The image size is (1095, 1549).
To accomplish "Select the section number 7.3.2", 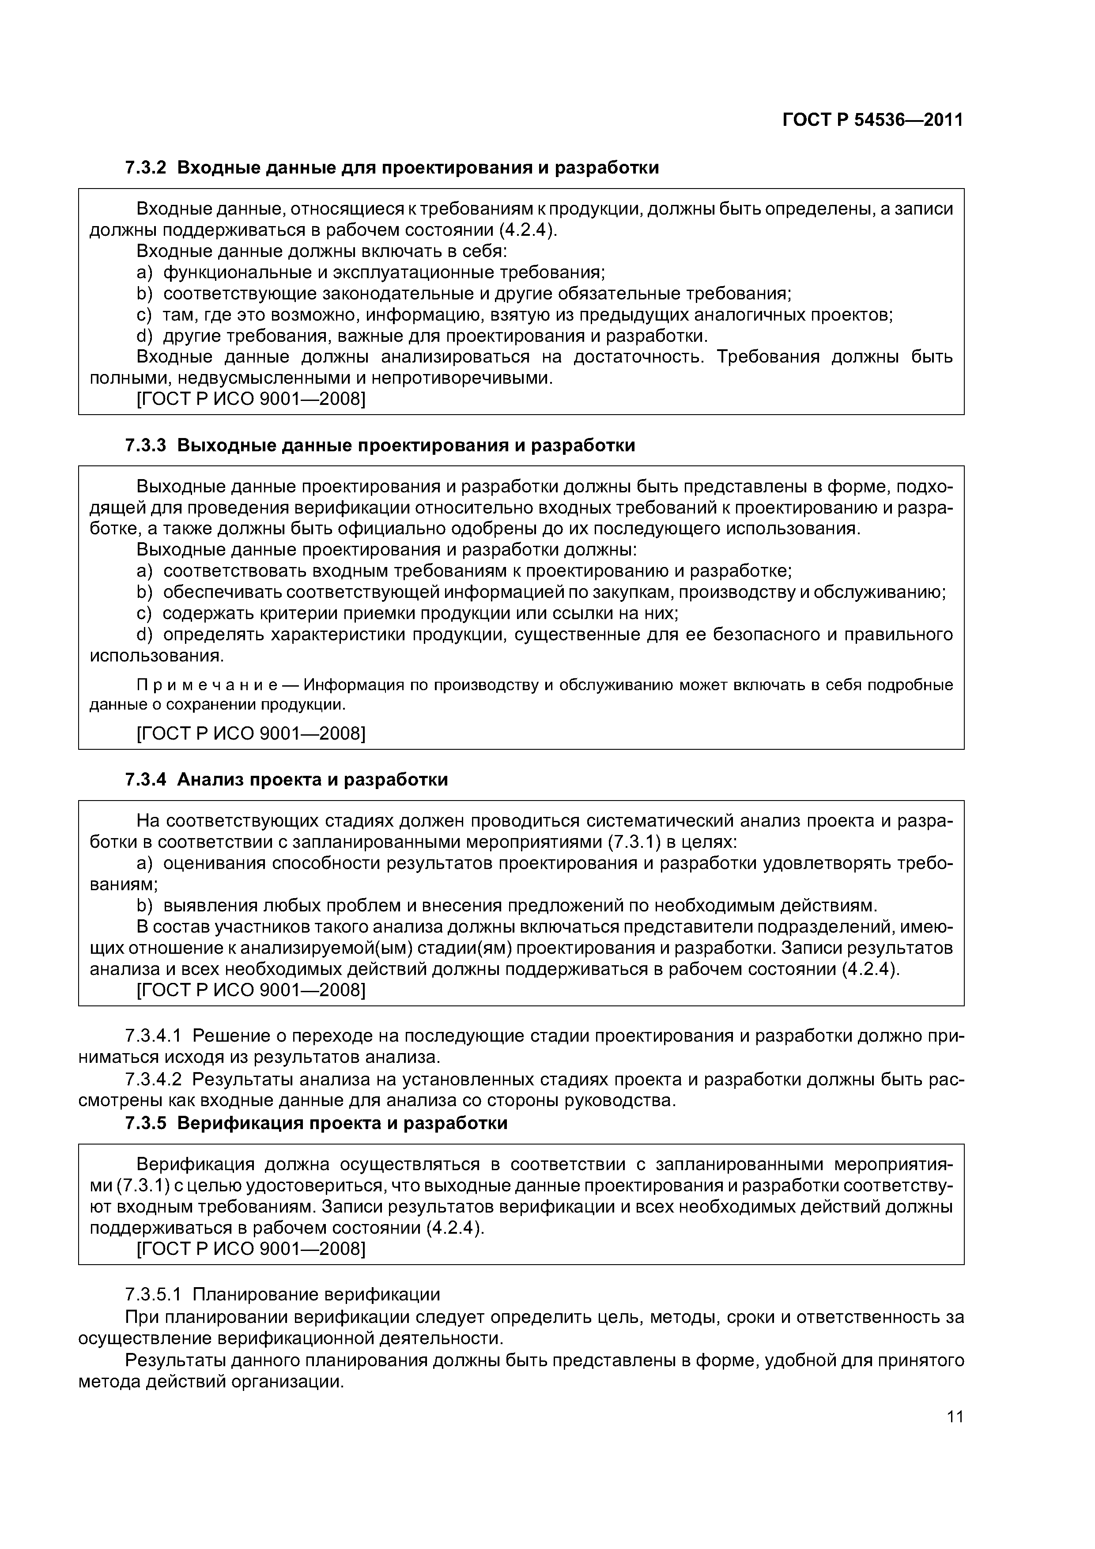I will click(x=145, y=167).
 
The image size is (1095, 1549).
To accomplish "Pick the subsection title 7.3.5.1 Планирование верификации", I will click(x=282, y=1295).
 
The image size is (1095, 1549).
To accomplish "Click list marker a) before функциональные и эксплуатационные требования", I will click(x=145, y=272).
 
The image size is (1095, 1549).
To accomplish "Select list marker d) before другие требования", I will click(x=145, y=336).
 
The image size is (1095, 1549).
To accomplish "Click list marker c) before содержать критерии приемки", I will click(x=145, y=613).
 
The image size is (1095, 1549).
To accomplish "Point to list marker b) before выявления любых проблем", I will click(x=145, y=905).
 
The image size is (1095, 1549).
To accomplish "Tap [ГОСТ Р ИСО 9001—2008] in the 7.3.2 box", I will click(x=251, y=400).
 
